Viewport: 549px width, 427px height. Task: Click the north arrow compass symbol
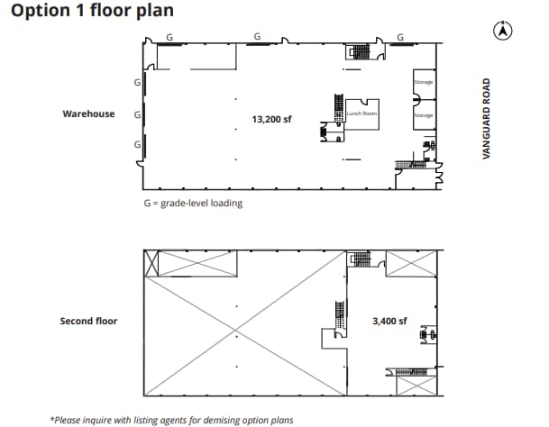(499, 31)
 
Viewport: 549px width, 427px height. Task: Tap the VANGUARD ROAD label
(486, 119)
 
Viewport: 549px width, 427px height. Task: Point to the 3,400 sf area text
(389, 320)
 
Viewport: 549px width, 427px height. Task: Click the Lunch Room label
(361, 114)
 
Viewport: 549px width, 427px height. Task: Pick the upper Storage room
(423, 82)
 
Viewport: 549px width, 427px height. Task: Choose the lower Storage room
(423, 116)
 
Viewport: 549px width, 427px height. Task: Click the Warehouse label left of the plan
(88, 114)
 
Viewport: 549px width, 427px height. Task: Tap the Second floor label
(88, 320)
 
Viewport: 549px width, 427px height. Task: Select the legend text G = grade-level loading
(193, 203)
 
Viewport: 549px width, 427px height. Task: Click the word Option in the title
(36, 11)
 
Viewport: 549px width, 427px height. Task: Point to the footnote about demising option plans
(171, 419)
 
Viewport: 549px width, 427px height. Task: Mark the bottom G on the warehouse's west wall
(136, 144)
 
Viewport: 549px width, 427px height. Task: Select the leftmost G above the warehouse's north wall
(169, 37)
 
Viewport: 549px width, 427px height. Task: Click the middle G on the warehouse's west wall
(136, 114)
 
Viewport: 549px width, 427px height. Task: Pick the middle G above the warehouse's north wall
(258, 37)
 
